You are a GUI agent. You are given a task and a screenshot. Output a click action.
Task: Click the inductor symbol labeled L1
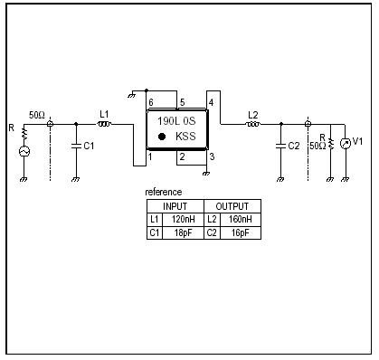104,124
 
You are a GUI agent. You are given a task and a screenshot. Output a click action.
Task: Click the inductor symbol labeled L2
252,124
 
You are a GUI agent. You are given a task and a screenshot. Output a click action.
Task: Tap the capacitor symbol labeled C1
74,146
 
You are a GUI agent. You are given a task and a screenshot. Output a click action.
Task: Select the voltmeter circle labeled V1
344,143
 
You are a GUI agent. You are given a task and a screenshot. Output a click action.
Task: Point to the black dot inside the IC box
162,137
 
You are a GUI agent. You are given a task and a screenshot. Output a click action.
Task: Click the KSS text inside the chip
185,137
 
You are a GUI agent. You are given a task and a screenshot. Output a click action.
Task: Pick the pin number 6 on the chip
151,102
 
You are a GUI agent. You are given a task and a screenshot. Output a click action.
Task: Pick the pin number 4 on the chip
211,102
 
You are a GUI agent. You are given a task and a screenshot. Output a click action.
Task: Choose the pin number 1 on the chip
151,157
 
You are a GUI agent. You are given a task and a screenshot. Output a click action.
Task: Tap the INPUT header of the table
175,206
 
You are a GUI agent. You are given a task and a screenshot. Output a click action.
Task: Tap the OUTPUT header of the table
232,206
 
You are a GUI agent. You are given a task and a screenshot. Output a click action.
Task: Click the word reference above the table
164,192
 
